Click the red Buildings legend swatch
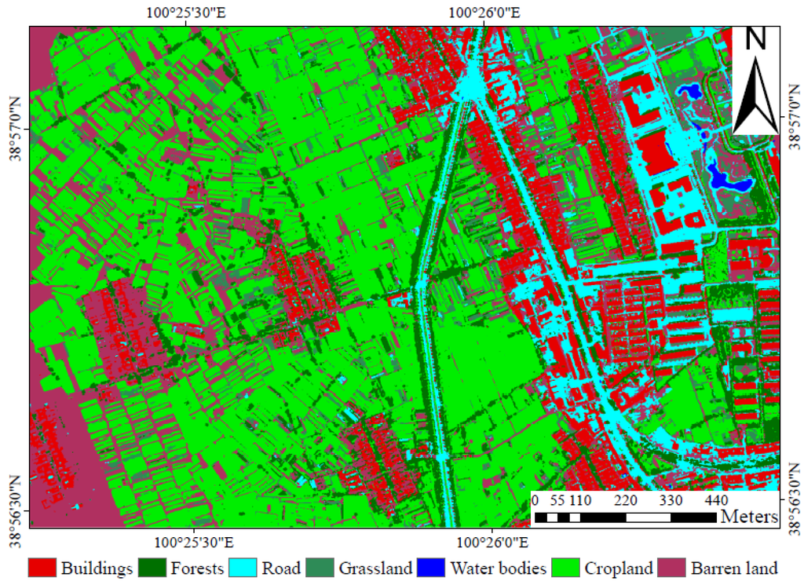coord(42,567)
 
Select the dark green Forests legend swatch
coord(152,567)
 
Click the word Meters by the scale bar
coord(749,517)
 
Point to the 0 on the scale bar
coord(535,501)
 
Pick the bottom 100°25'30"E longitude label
coord(186,541)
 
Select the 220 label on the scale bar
coord(626,501)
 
